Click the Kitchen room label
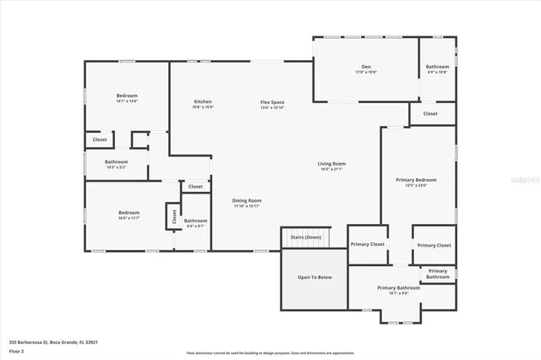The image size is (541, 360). click(203, 101)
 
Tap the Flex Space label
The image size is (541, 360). click(272, 102)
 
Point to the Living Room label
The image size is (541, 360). click(331, 164)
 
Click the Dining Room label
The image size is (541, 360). click(247, 200)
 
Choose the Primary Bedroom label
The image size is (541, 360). click(417, 180)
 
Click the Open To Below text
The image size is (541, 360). click(314, 276)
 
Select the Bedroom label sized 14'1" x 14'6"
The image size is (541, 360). click(127, 95)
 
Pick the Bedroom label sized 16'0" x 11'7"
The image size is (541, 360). click(128, 212)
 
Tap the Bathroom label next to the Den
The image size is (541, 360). click(437, 67)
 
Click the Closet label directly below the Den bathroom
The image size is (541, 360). click(430, 113)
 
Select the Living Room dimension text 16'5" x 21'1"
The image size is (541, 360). click(331, 170)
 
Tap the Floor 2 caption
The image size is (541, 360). click(16, 350)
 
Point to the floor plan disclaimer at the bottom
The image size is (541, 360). click(270, 352)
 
